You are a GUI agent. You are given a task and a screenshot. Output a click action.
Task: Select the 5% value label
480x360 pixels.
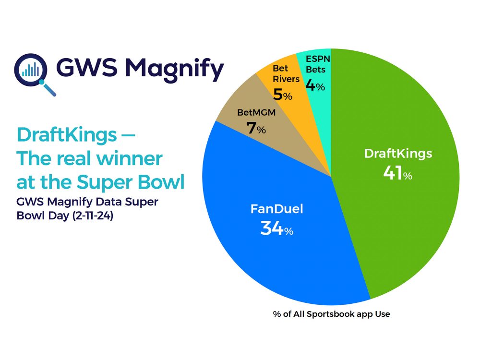282,94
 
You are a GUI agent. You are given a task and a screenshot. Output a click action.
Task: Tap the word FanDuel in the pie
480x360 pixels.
276,209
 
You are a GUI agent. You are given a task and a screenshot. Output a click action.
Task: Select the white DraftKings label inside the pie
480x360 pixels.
398,154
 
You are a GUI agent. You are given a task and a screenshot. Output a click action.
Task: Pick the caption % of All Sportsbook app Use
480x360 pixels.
331,314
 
